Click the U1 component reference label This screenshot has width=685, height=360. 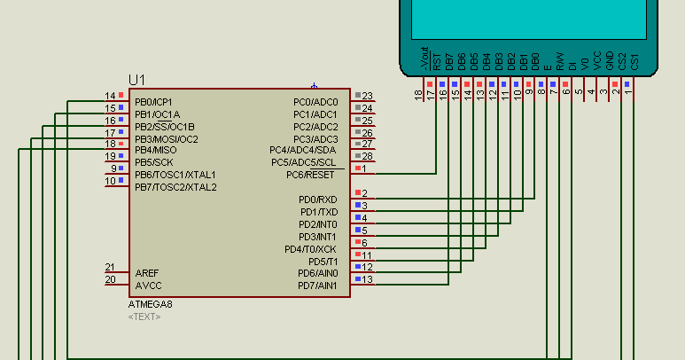tap(137, 79)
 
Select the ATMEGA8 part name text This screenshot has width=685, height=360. tap(150, 304)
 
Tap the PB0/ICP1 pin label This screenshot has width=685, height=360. tap(153, 102)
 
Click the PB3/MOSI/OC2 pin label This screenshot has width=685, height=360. tap(166, 139)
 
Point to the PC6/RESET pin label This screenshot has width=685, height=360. tap(304, 175)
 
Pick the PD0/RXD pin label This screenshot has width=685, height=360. tap(317, 200)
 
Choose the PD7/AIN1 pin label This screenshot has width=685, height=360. tap(317, 286)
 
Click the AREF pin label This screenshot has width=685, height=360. tap(147, 273)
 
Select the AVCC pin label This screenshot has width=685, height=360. tap(148, 286)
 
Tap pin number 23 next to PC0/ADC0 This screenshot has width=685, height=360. tap(367, 96)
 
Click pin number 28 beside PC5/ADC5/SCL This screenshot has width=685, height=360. tap(367, 156)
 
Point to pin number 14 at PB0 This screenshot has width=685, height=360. tap(110, 96)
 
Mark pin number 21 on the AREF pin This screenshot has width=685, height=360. tap(110, 267)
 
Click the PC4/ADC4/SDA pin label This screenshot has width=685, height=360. tap(303, 150)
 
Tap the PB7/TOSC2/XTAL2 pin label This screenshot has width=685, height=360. tap(175, 187)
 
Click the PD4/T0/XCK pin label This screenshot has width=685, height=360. tap(310, 249)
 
